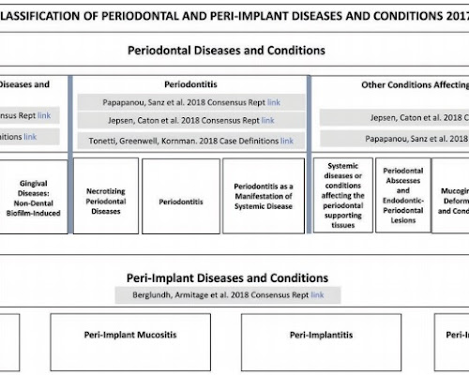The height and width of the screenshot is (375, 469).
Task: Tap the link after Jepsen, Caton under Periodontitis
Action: (267, 120)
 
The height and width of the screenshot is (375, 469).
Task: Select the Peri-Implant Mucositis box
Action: (129, 334)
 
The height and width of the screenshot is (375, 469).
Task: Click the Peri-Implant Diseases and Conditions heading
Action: (227, 278)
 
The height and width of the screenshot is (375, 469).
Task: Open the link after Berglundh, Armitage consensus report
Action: (318, 295)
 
